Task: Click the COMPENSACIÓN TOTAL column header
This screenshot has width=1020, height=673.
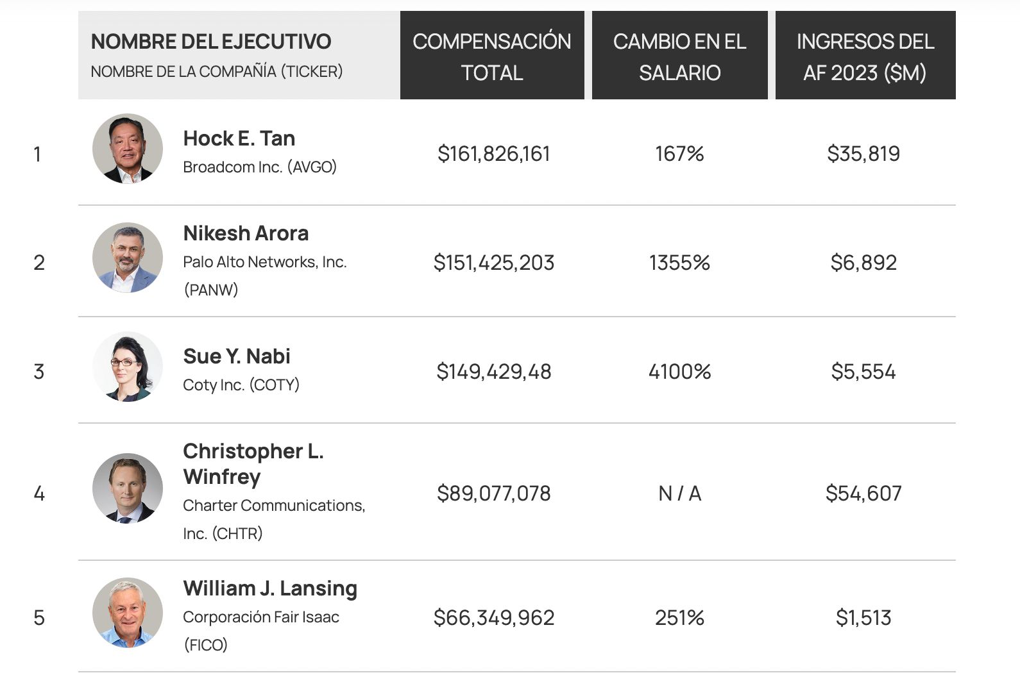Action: click(492, 56)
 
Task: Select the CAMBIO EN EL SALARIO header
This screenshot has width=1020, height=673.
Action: click(679, 56)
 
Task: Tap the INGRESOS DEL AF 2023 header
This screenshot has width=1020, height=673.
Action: click(865, 56)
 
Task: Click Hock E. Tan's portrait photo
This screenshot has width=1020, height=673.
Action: click(128, 149)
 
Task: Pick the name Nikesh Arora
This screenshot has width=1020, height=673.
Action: click(246, 233)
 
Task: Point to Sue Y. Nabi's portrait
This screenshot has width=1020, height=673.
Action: click(128, 367)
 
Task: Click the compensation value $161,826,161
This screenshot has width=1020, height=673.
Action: click(493, 154)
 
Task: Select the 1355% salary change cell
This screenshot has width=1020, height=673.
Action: click(679, 263)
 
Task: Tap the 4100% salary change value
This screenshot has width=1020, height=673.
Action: click(679, 372)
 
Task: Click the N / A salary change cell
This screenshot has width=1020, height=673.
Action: click(679, 494)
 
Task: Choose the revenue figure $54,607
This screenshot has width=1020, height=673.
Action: click(863, 494)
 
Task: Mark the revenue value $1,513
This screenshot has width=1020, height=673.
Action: click(863, 618)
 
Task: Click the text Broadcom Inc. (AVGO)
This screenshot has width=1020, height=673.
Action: click(260, 167)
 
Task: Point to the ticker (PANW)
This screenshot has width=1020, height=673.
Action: click(211, 290)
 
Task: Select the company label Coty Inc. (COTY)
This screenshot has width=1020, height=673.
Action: click(241, 385)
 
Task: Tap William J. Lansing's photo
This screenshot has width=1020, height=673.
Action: click(128, 613)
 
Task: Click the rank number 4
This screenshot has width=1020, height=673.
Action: click(39, 494)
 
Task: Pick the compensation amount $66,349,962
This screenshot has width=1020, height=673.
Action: click(493, 618)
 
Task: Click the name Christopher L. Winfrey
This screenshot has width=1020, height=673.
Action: click(253, 464)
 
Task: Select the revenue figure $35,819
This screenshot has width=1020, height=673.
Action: click(863, 154)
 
